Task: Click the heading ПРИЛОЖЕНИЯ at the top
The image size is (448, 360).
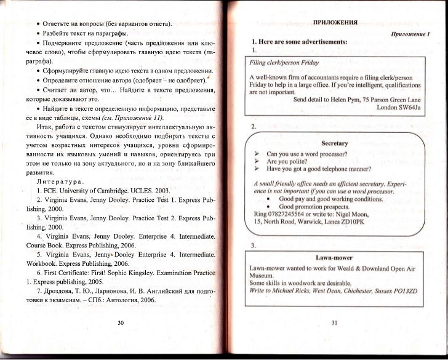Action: click(x=335, y=23)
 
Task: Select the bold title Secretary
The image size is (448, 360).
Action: click(x=335, y=143)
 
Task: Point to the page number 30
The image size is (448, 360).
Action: click(x=120, y=322)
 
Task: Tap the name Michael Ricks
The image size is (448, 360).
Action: click(x=299, y=290)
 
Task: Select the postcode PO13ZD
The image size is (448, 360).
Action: click(x=403, y=290)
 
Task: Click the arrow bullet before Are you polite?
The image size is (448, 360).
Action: click(x=255, y=160)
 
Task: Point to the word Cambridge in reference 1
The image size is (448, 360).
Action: click(x=114, y=191)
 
